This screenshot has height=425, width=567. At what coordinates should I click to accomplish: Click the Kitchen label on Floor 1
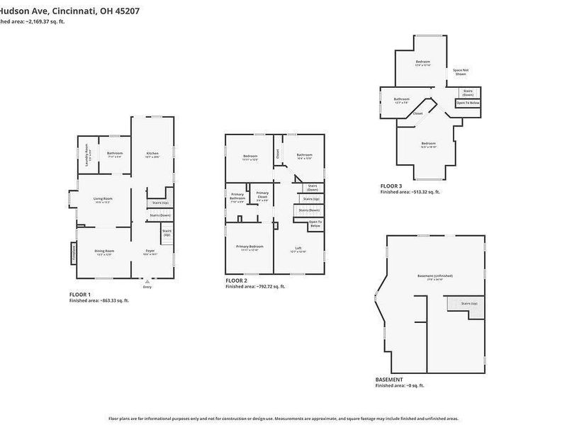click(152, 154)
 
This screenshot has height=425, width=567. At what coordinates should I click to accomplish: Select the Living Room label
click(103, 199)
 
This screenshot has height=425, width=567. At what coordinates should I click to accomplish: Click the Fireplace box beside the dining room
click(73, 252)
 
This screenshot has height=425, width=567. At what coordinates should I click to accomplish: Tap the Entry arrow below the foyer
click(147, 283)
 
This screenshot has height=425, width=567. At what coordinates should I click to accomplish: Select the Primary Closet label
click(262, 195)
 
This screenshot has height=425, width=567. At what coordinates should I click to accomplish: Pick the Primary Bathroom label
click(237, 196)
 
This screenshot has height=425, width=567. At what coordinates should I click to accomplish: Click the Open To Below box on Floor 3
click(468, 103)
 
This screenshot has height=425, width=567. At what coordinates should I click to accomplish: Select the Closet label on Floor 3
click(418, 113)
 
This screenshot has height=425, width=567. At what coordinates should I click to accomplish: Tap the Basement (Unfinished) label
click(435, 276)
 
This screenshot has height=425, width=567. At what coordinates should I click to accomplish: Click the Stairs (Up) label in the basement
click(469, 302)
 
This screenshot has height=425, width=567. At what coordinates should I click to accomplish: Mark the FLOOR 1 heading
click(80, 294)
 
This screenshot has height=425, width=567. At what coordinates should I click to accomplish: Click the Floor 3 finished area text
click(410, 192)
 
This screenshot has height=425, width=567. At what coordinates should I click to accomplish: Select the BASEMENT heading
click(389, 380)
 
